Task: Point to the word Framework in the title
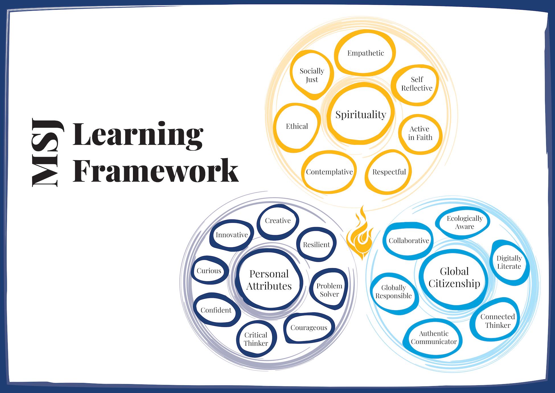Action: [155, 170]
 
